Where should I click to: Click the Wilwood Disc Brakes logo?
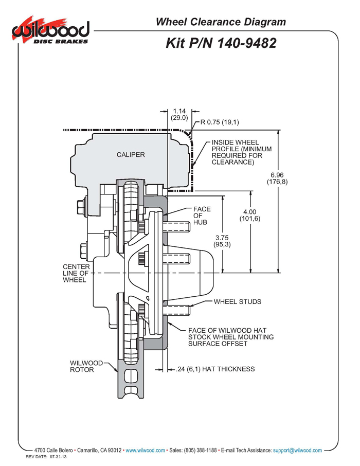(50, 30)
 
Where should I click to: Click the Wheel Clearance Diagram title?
(221, 22)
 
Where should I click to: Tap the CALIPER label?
(131, 154)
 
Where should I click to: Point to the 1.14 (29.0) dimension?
(179, 114)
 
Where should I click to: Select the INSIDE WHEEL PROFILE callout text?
(241, 152)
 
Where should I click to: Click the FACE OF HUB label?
(202, 216)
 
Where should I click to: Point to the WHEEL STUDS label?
(238, 301)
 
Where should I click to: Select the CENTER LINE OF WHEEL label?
(76, 274)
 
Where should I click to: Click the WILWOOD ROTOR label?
(86, 366)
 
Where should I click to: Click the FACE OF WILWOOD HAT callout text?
(231, 337)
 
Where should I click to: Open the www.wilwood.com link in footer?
(146, 450)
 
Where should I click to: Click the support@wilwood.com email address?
(297, 450)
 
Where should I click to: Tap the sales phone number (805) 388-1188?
(201, 450)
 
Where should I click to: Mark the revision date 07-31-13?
(58, 457)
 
